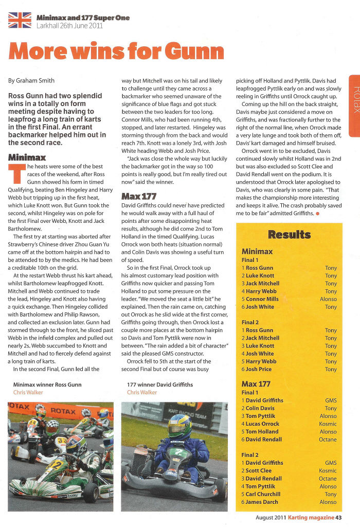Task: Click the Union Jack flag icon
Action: pos(20,21)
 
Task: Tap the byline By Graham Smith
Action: pos(32,80)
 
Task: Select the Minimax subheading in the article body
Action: pos(27,157)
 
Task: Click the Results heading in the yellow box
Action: pos(290,235)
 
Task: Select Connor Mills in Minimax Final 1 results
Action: pos(262,299)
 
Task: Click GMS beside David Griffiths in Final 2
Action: pos(331,463)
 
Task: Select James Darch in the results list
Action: pos(262,502)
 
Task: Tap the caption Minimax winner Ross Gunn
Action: pos(47,384)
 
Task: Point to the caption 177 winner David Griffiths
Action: pos(160,384)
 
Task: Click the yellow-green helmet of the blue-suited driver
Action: pos(179,425)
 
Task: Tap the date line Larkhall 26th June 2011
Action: pos(69,25)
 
